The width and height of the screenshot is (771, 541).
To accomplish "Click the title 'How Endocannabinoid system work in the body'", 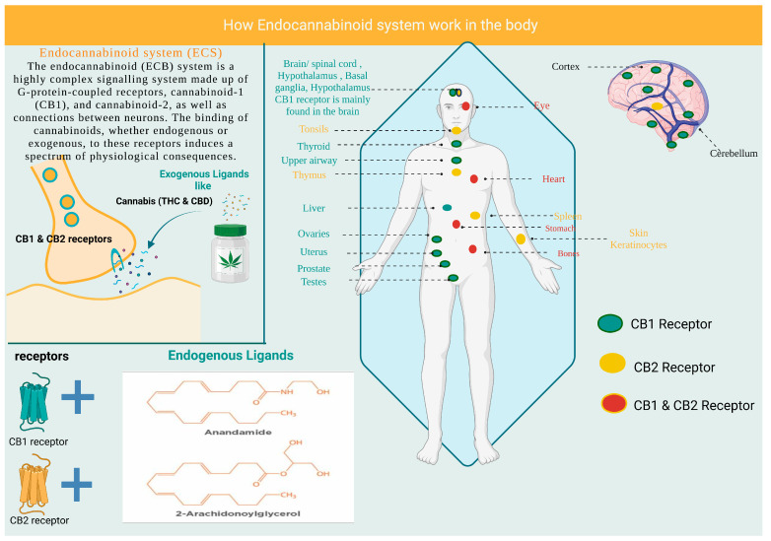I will pyautogui.click(x=385, y=23).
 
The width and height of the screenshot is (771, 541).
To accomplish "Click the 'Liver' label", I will pyautogui.click(x=314, y=208).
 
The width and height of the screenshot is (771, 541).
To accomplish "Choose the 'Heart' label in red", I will pyautogui.click(x=553, y=179).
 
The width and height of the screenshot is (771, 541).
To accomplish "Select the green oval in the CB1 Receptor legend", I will pyautogui.click(x=609, y=323).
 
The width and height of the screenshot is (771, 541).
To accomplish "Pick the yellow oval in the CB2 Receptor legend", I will pyautogui.click(x=609, y=365).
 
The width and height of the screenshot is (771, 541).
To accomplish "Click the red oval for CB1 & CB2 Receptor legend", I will pyautogui.click(x=609, y=404).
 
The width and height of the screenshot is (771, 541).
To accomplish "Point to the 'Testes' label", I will pyautogui.click(x=314, y=281).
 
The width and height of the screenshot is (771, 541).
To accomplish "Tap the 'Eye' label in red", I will pyautogui.click(x=541, y=104).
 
